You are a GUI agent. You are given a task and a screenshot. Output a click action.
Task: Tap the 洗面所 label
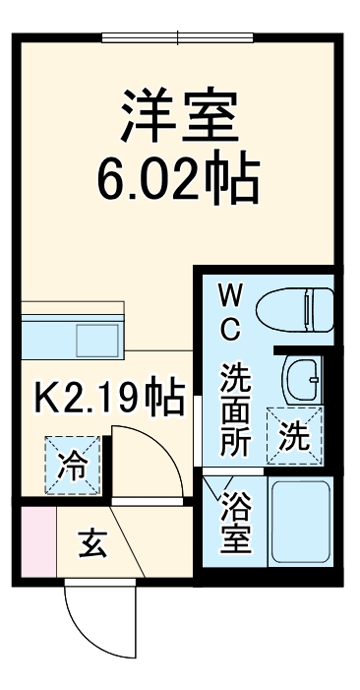point(234,409)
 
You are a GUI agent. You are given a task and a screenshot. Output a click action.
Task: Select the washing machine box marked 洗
point(295,434)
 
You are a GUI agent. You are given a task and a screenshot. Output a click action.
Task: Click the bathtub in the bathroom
point(301,525)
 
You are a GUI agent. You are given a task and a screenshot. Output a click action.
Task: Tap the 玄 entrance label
point(93,543)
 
